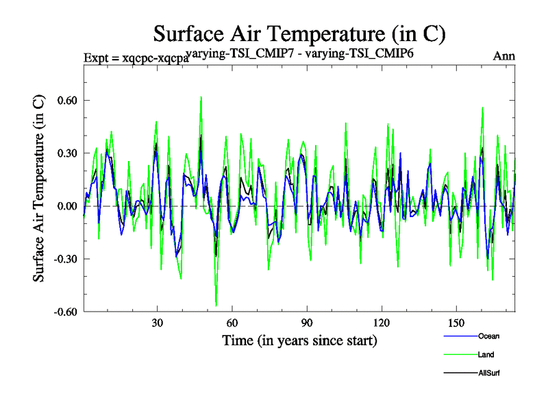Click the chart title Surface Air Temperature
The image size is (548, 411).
click(299, 33)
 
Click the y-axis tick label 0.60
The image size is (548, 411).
click(64, 100)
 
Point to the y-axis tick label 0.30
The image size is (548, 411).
click(64, 153)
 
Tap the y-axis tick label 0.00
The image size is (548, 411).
click(64, 206)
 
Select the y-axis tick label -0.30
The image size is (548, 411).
click(62, 259)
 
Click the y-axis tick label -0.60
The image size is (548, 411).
click(62, 312)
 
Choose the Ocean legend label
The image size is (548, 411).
click(488, 336)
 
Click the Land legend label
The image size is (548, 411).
click(486, 355)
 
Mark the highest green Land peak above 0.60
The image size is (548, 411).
click(201, 97)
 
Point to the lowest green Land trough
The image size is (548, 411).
click(216, 306)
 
